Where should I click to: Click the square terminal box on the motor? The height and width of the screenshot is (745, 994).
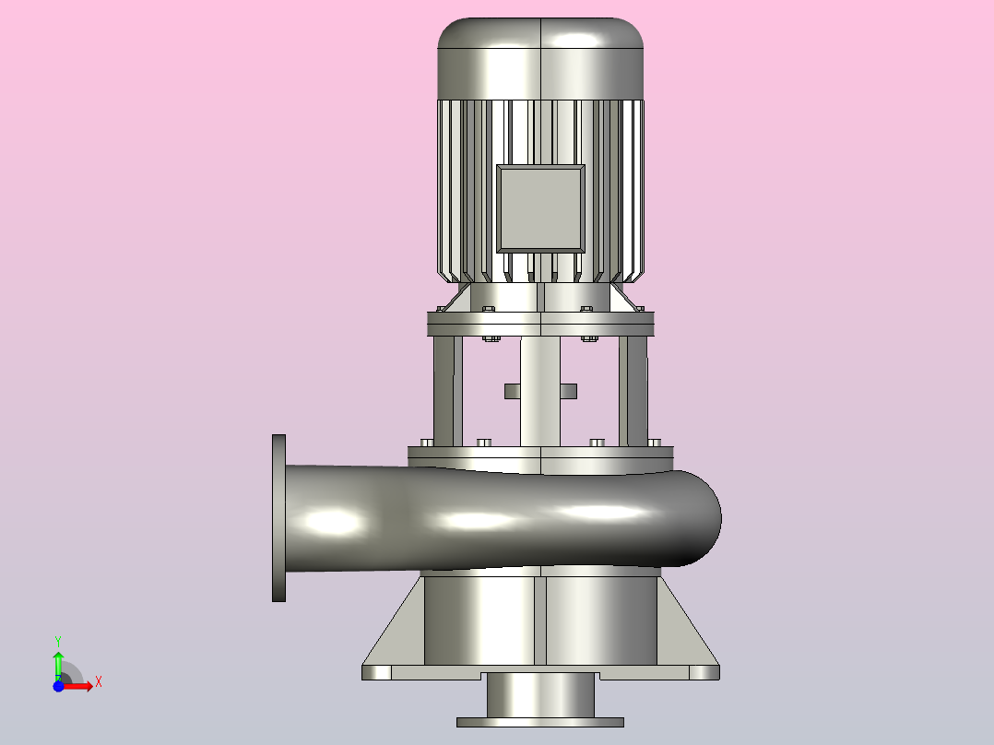(x=540, y=208)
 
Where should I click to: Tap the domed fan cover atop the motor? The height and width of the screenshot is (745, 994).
(x=540, y=58)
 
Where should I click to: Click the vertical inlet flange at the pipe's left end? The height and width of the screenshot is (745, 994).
(x=278, y=518)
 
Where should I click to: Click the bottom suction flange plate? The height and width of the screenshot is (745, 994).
(x=540, y=722)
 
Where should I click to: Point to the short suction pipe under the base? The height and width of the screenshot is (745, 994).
(x=540, y=695)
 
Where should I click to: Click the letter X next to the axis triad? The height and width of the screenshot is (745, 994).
(x=99, y=682)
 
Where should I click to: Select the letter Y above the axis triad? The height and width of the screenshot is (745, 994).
(x=58, y=642)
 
